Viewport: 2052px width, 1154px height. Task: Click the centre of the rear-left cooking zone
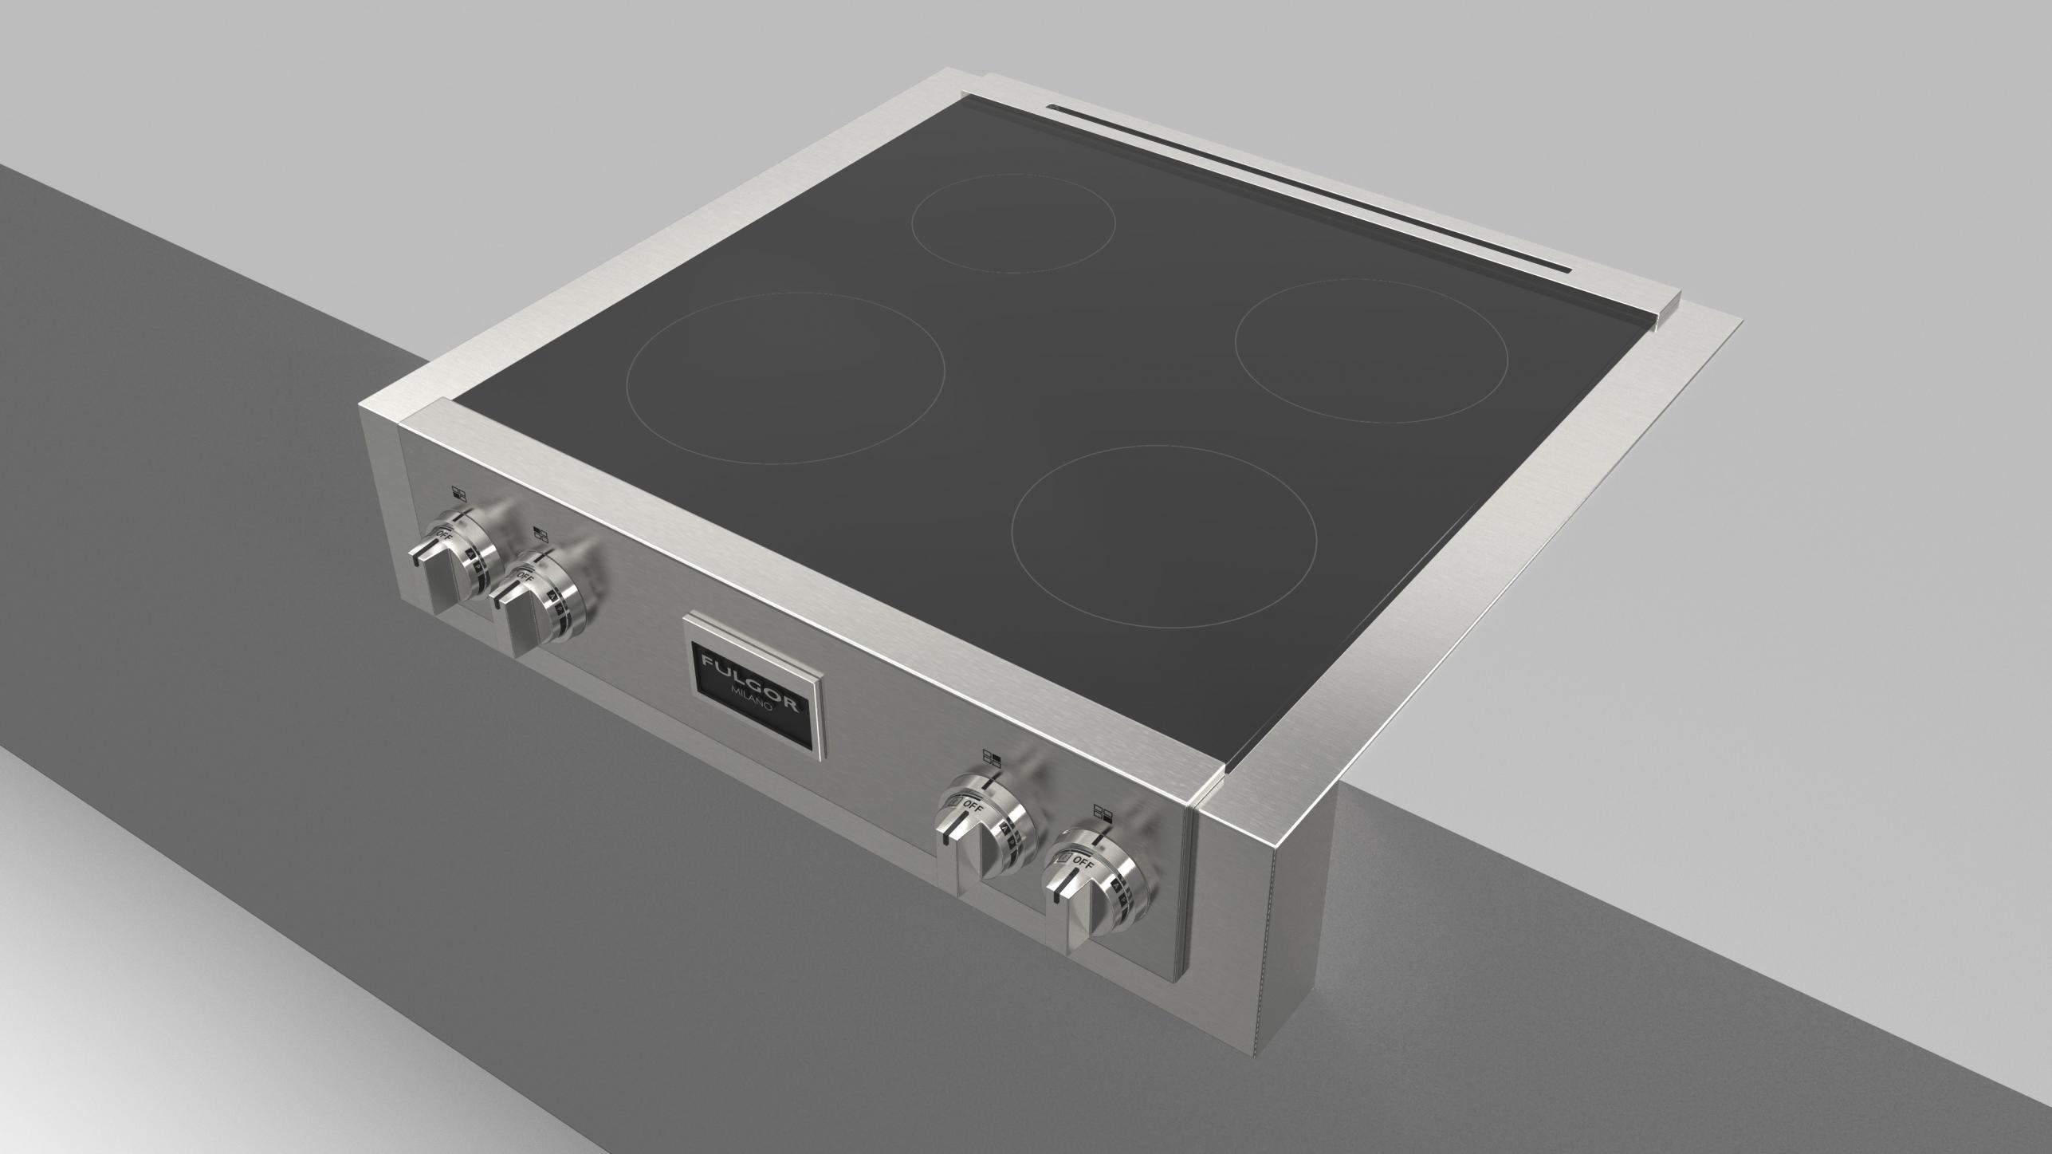[x=1013, y=223]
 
